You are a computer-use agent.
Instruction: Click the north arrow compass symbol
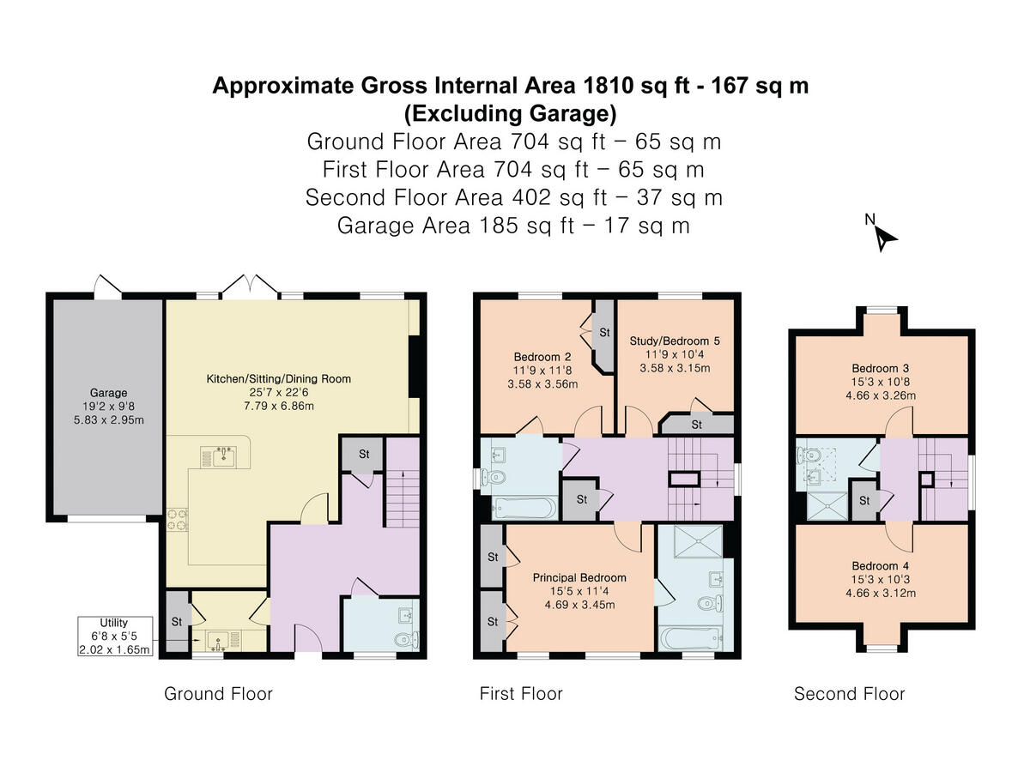coord(885,238)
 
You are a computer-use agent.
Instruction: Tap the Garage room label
coord(108,393)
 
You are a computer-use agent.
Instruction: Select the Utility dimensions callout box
coord(115,636)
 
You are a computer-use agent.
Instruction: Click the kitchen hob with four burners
coord(178,520)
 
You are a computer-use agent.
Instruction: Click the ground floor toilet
coord(406,640)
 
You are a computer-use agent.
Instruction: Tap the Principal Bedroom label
coord(579,577)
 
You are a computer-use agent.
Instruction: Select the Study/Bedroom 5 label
coord(675,341)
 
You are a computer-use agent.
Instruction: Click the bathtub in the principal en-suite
coord(690,639)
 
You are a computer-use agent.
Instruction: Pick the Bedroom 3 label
coord(881,368)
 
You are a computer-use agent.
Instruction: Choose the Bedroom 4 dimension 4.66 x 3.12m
coord(881,593)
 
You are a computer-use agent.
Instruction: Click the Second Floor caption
coord(849,694)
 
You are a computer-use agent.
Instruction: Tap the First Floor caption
coord(521,694)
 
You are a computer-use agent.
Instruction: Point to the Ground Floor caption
coord(218,694)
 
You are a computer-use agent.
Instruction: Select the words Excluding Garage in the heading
coord(510,113)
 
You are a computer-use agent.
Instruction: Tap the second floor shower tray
coord(827,506)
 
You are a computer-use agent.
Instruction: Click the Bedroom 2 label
coord(542,357)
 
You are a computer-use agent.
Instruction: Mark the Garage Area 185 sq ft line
coord(513,226)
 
